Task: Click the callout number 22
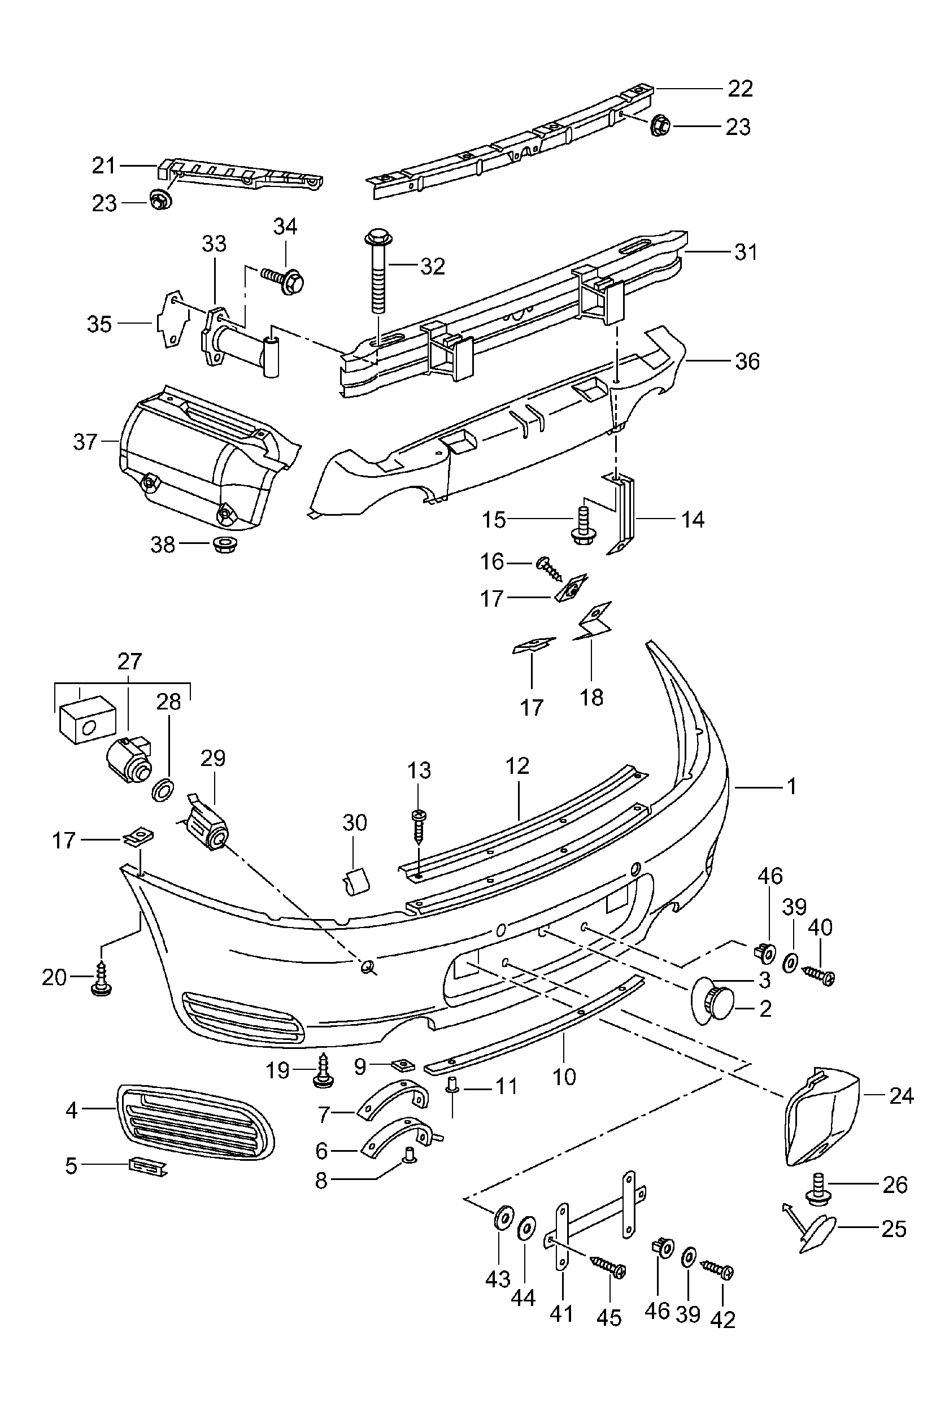tap(740, 89)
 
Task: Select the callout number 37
tap(85, 442)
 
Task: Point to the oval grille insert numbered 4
tap(195, 1121)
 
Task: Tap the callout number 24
tap(902, 1096)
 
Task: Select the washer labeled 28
tap(163, 790)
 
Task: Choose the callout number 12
tap(517, 766)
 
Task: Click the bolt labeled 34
tap(284, 280)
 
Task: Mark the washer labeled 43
tap(503, 1216)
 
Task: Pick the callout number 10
tap(564, 1076)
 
